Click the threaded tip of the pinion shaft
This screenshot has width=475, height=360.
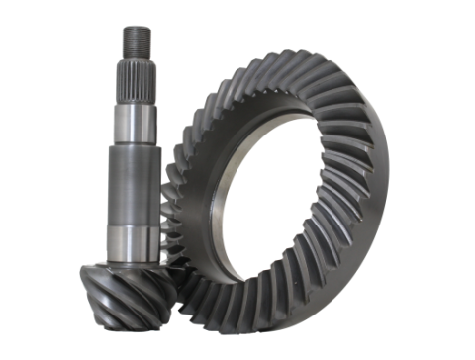point(135,40)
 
